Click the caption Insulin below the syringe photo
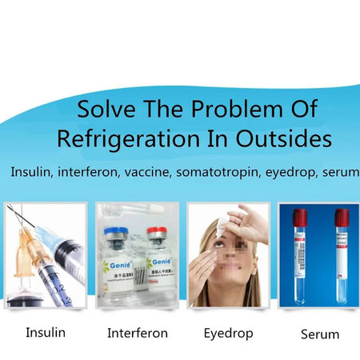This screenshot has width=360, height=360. (x=46, y=332)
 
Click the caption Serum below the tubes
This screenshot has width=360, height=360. (x=319, y=334)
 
